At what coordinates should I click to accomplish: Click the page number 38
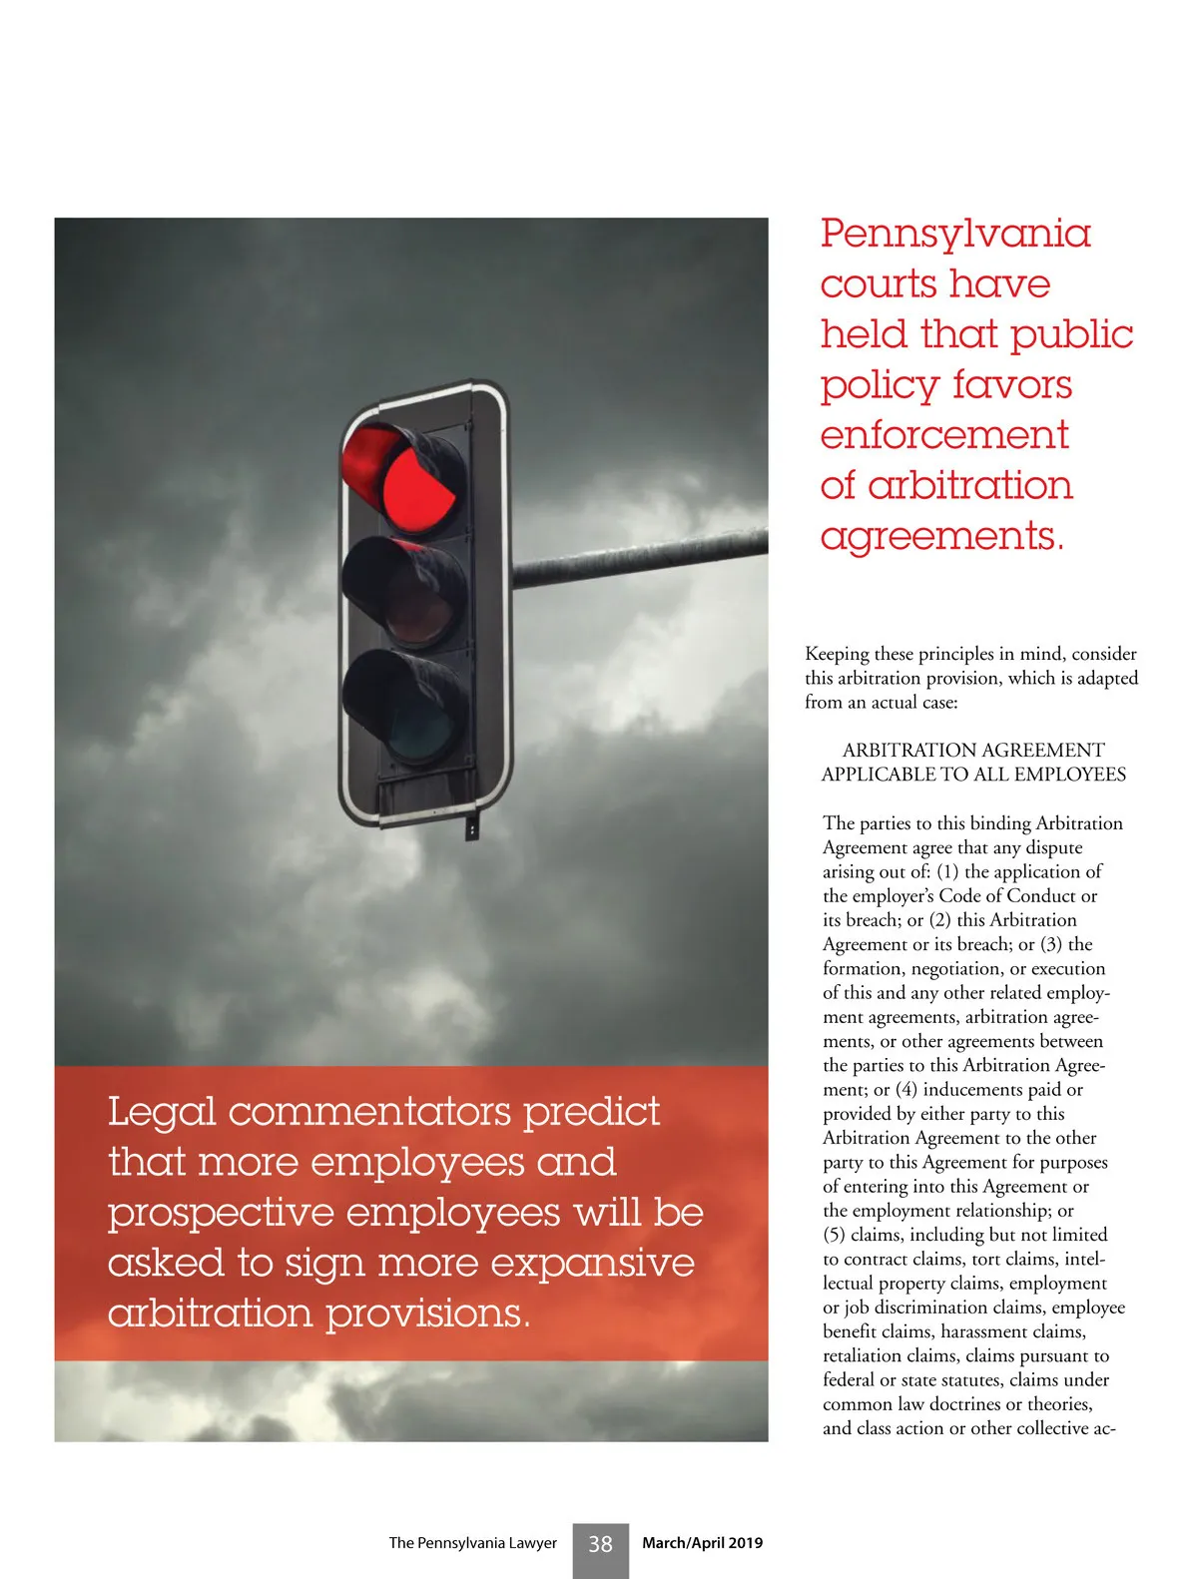pyautogui.click(x=600, y=1544)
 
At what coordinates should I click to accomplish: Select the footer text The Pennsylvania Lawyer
pyautogui.click(x=472, y=1543)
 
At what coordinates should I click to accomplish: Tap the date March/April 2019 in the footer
pyautogui.click(x=702, y=1543)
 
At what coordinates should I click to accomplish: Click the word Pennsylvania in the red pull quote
pyautogui.click(x=955, y=235)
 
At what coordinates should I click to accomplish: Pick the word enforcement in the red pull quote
pyautogui.click(x=944, y=435)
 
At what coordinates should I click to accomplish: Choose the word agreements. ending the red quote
pyautogui.click(x=942, y=537)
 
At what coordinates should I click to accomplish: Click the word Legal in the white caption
pyautogui.click(x=162, y=1113)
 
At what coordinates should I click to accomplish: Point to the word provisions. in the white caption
pyautogui.click(x=428, y=1315)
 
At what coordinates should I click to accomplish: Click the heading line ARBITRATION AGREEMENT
pyautogui.click(x=973, y=751)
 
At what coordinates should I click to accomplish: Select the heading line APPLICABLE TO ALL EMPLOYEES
pyautogui.click(x=973, y=775)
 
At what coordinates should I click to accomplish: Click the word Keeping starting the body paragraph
pyautogui.click(x=837, y=655)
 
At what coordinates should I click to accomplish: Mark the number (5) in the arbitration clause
pyautogui.click(x=834, y=1236)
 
